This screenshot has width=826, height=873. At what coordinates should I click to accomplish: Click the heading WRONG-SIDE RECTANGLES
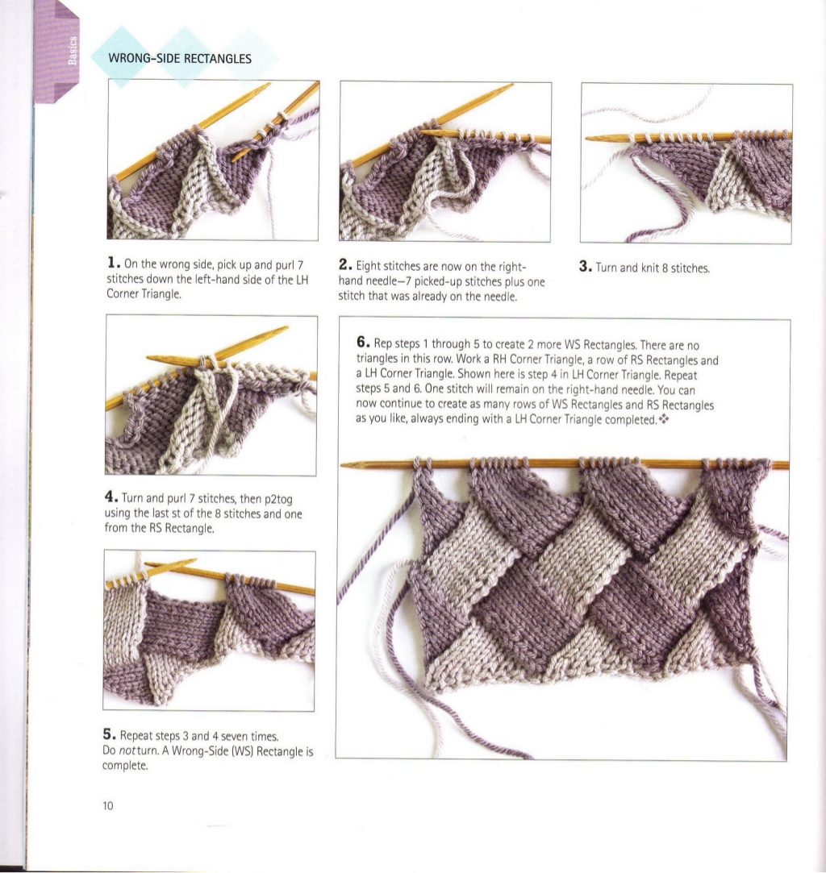(x=180, y=59)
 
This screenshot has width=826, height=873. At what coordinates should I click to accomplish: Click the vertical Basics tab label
(x=73, y=49)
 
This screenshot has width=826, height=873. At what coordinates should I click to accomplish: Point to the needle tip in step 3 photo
(x=589, y=138)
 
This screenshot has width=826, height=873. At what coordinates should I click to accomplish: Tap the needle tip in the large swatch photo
(x=345, y=464)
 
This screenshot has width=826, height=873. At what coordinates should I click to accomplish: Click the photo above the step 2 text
(x=445, y=161)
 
